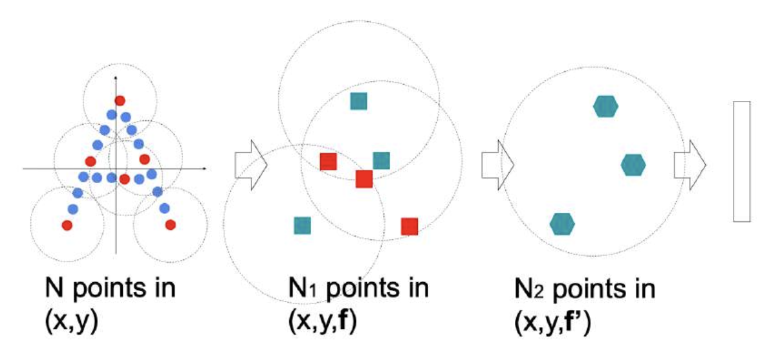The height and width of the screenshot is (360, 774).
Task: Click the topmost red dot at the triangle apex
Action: click(120, 100)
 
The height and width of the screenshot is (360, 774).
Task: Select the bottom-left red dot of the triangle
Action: click(67, 224)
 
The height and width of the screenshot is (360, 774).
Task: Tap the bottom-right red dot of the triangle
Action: click(170, 224)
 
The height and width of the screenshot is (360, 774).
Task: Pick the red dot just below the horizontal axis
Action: click(125, 178)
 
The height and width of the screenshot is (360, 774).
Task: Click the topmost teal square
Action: click(359, 101)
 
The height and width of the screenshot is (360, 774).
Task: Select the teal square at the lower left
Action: click(302, 225)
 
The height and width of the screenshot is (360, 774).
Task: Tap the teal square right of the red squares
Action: click(381, 161)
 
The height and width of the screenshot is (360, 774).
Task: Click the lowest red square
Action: click(410, 226)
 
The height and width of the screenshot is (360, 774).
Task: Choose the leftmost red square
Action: click(328, 161)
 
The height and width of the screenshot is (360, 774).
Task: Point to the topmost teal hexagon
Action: click(605, 107)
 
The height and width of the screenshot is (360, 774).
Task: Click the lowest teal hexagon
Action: click(562, 223)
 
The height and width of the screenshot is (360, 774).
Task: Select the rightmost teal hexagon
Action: click(633, 165)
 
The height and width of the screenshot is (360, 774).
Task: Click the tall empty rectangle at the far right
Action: click(742, 161)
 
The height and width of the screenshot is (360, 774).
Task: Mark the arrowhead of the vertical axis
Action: click(116, 78)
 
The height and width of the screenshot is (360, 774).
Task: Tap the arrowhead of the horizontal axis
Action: click(204, 168)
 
